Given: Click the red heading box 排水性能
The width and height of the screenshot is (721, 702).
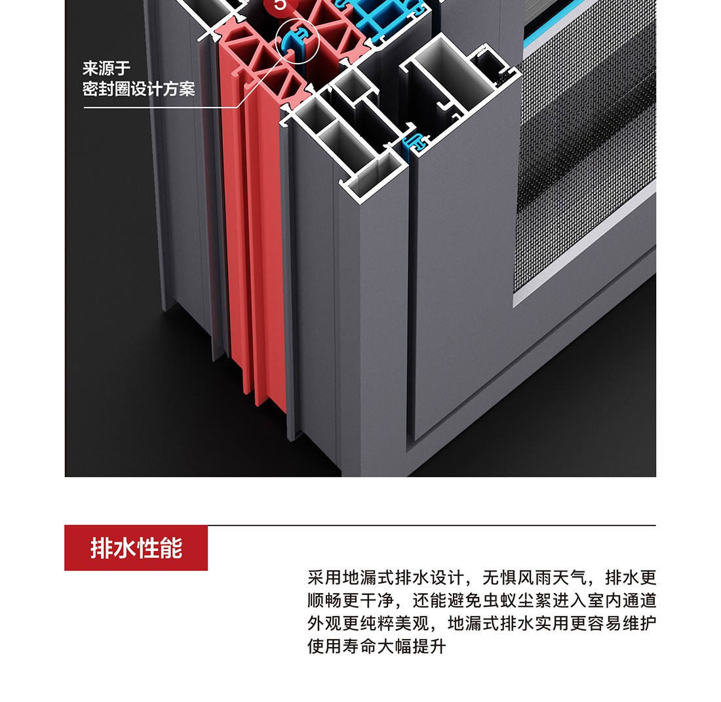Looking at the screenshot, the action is (136, 548).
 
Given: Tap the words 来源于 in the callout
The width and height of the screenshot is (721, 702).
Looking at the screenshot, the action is (107, 69).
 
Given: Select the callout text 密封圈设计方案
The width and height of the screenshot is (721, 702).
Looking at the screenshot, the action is (139, 89).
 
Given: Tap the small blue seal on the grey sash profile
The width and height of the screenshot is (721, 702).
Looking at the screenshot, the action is (415, 144).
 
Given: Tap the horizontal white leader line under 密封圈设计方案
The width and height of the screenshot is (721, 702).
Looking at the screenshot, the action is (161, 108).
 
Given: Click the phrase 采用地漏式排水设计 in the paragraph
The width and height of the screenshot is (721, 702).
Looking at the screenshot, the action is (385, 577).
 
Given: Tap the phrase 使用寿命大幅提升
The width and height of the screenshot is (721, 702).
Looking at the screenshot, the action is (377, 646).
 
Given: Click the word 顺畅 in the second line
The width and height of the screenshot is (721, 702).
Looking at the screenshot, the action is (324, 600).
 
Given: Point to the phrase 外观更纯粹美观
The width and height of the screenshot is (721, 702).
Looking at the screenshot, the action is (368, 623).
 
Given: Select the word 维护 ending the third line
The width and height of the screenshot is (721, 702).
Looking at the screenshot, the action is (639, 623).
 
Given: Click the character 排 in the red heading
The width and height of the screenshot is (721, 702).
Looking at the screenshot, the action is (102, 548).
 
